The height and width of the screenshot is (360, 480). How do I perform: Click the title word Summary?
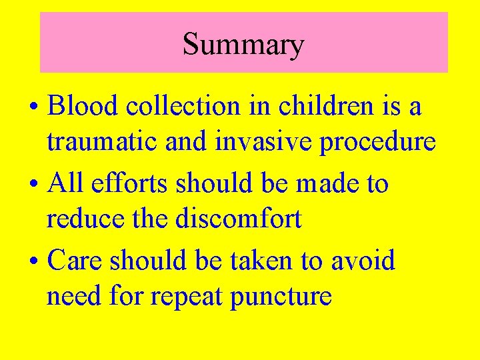243,45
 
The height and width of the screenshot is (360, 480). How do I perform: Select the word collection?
185,106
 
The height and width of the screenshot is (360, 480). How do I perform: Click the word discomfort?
238,219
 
